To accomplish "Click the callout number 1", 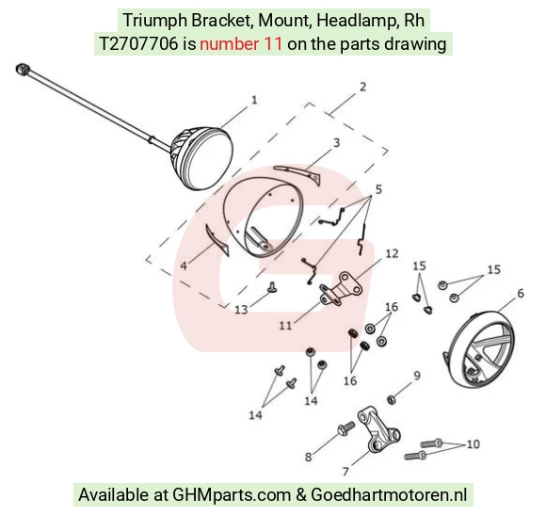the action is [x=254, y=101].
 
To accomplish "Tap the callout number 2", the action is [x=362, y=87].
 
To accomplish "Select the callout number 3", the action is [x=336, y=143].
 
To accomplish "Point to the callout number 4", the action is [x=184, y=266].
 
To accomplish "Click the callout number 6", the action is [x=521, y=294].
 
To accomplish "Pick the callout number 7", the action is [x=345, y=472].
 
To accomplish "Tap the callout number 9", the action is [x=417, y=376].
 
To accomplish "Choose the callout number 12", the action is [x=392, y=253].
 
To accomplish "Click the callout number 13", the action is [x=241, y=310].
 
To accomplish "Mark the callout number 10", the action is [x=473, y=444].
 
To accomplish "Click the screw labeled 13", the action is [x=272, y=287].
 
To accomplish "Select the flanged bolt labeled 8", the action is [x=345, y=428].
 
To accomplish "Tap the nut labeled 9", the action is [x=391, y=399].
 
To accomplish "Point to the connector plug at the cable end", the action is [x=22, y=68].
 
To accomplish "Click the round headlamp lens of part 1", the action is [x=208, y=159].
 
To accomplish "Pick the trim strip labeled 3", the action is [x=298, y=173].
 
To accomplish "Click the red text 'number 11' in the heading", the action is [x=241, y=44].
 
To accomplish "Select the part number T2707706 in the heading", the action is [x=138, y=44].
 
